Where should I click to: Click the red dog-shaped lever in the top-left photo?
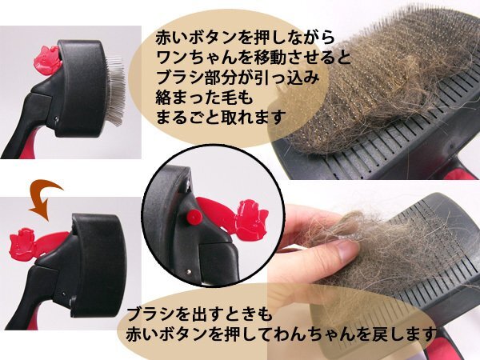[48, 60]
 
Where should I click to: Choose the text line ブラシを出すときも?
[199, 314]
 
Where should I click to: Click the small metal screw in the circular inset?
[189, 271]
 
